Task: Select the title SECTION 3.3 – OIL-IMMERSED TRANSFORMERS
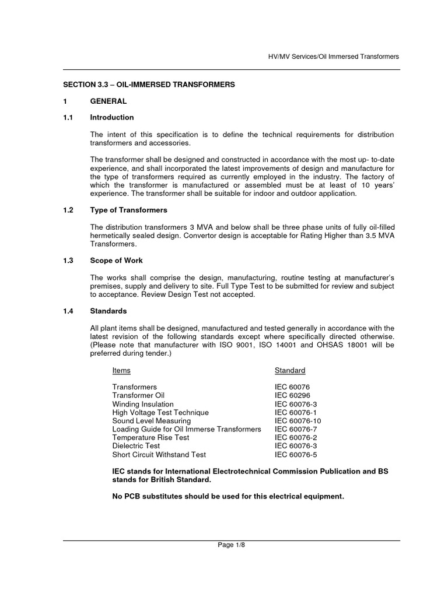[x=149, y=85]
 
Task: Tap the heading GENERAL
[x=108, y=101]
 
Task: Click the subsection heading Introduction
[x=111, y=117]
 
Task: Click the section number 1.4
[x=68, y=311]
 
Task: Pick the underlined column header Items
[x=121, y=370]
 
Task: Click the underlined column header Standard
[x=290, y=370]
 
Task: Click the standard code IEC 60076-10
[x=297, y=420]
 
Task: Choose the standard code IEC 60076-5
[x=296, y=454]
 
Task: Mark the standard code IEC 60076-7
[x=296, y=429]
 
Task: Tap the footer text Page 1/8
[x=232, y=545]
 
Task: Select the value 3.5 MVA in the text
[x=379, y=236]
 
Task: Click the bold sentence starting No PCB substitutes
[x=228, y=497]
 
